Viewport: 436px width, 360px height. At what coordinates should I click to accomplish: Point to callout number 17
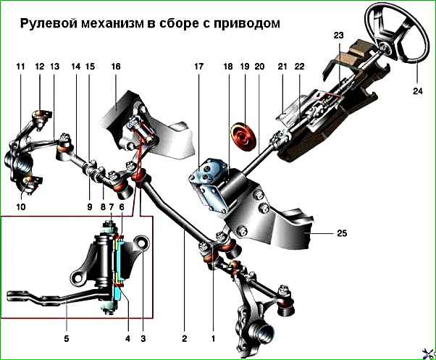[x=198, y=66]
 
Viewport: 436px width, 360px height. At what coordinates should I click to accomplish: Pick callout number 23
[x=338, y=35]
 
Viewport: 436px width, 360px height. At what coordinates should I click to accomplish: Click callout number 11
[x=20, y=66]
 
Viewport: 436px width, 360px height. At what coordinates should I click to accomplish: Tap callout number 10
[x=20, y=206]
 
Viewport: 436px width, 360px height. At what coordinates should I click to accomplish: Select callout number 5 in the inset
[x=67, y=338]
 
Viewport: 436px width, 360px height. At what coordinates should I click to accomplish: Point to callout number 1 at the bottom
[x=213, y=338]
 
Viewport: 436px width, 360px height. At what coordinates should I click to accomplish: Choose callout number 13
[x=56, y=66]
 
